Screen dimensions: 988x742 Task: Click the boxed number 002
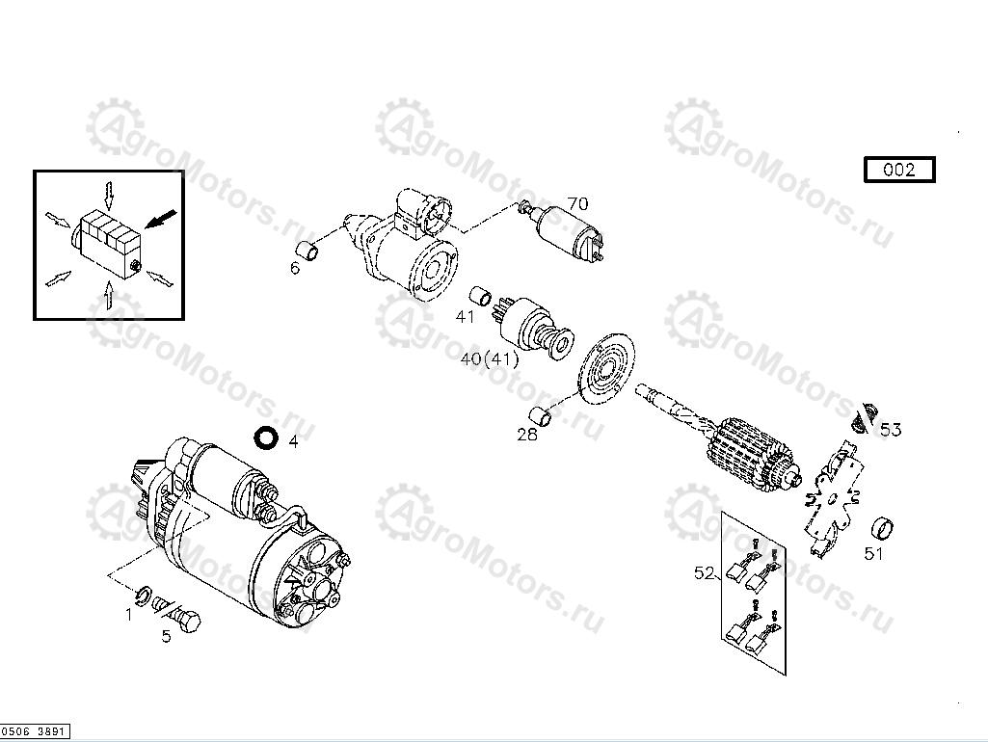[899, 170]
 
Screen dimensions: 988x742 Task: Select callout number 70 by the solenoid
[577, 203]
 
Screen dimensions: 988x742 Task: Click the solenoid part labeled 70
[564, 232]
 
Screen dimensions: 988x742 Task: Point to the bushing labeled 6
[308, 250]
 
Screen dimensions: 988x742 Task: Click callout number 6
[295, 268]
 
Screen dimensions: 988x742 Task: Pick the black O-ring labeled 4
[266, 437]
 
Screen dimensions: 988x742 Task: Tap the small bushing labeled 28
[541, 416]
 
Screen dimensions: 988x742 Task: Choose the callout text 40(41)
[490, 359]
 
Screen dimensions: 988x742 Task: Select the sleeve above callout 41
[481, 296]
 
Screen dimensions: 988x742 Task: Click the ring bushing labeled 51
[883, 529]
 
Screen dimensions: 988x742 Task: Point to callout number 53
[891, 430]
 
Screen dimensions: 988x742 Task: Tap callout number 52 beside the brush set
[704, 573]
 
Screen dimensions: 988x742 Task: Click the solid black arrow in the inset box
[161, 219]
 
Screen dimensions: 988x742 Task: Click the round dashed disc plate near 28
[607, 369]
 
